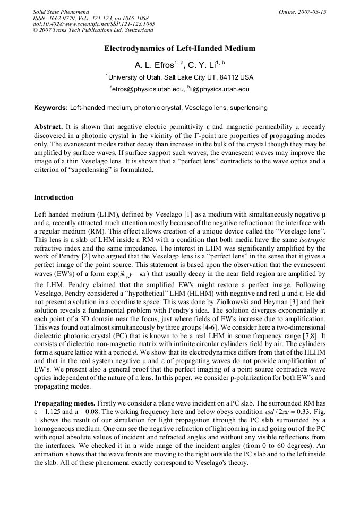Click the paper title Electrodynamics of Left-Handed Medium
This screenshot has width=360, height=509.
pyautogui.click(x=179, y=48)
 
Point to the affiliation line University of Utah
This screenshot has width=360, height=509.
pyautogui.click(x=179, y=77)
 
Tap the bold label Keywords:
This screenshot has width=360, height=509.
pyautogui.click(x=51, y=108)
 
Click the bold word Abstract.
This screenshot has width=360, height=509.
pyautogui.click(x=48, y=128)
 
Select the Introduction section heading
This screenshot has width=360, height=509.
pyautogui.click(x=54, y=197)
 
